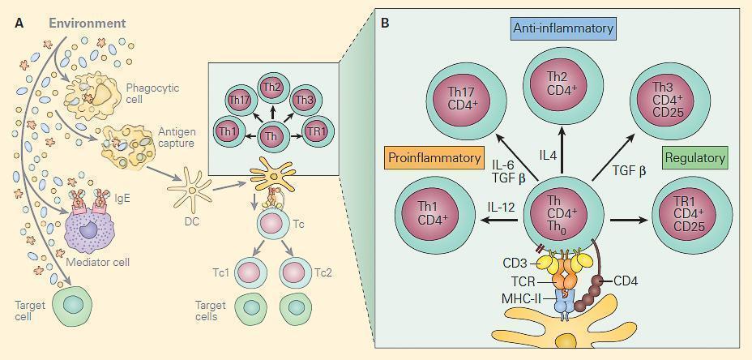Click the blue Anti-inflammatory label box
pyautogui.click(x=563, y=29)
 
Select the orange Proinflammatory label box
pyautogui.click(x=434, y=157)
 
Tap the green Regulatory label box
pyautogui.click(x=695, y=157)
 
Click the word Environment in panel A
pyautogui.click(x=87, y=23)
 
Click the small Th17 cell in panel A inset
pyautogui.click(x=241, y=102)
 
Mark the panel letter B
pyautogui.click(x=385, y=23)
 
